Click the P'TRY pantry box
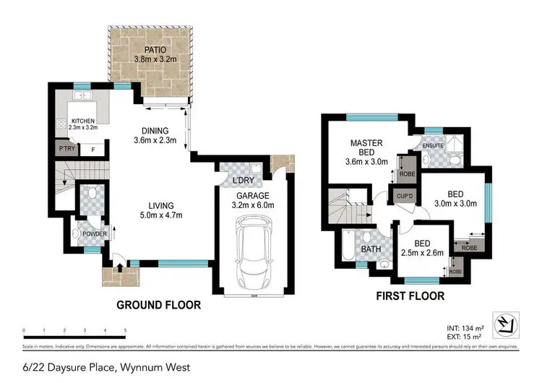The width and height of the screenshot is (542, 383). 64,150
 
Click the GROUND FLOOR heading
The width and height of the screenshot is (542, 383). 158,306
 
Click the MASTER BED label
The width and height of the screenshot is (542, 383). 366,147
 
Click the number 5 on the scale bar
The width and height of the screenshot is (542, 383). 126,330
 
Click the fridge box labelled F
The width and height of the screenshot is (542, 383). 93,150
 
